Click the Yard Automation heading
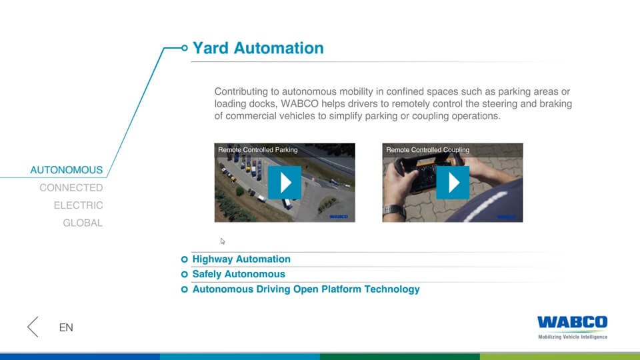click(258, 48)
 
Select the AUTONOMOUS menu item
click(67, 170)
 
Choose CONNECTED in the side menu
click(71, 188)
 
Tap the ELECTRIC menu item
click(79, 205)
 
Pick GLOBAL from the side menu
click(83, 223)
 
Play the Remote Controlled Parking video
click(285, 183)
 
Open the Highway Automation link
click(241, 259)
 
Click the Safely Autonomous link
click(239, 274)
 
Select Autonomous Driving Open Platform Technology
click(306, 289)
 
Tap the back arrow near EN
click(33, 327)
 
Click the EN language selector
click(66, 327)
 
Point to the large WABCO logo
click(572, 322)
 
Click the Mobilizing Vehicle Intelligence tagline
click(573, 337)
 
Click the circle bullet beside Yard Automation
click(185, 48)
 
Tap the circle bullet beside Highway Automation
click(185, 259)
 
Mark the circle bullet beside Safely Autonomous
click(185, 274)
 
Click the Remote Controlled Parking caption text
click(258, 150)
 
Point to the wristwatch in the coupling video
click(394, 211)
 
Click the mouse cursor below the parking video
click(223, 241)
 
